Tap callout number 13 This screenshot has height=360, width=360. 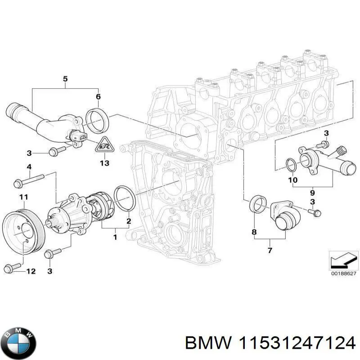point(104,163)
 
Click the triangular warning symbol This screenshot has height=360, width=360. point(104,144)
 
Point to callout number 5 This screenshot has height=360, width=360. point(65,80)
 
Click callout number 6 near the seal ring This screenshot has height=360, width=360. point(98,96)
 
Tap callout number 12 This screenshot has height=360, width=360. point(31,271)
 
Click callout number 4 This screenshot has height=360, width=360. point(29,167)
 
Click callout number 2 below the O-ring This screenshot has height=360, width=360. point(129,220)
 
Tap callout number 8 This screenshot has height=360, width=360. point(254,232)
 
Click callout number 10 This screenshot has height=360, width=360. point(293,180)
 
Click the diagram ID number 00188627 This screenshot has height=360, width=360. point(343,273)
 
